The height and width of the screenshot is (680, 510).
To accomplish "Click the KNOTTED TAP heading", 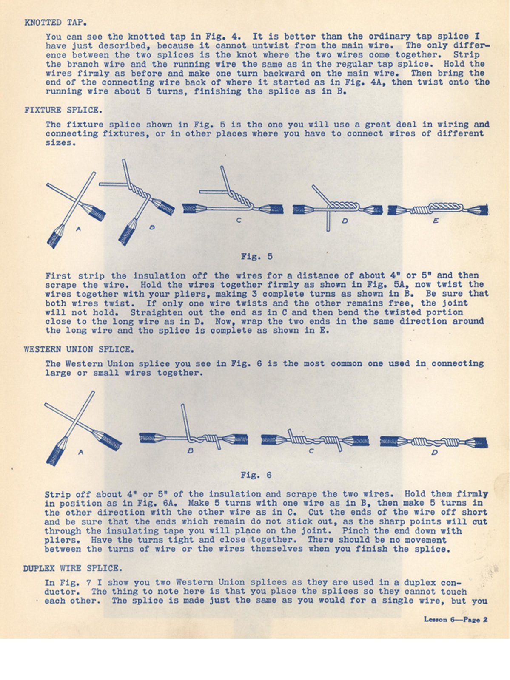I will pos(56,23).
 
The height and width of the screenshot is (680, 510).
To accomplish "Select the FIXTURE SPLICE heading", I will pos(63,110).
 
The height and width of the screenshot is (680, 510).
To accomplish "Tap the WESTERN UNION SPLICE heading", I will pos(79,350).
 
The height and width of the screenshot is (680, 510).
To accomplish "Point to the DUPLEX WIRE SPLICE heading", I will pos(72,568).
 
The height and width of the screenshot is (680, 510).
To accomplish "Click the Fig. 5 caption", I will pos(256,257).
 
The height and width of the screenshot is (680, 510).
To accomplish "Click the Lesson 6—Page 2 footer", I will pos(455,619).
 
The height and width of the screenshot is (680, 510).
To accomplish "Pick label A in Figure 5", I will pos(78,229).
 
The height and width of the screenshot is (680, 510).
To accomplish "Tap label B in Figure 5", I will pos(152,227).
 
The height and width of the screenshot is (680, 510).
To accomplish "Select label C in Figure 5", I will pos(239,221).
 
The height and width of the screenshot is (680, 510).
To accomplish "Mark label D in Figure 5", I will pos(345,221).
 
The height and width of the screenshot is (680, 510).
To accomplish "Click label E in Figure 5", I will pos(436,221).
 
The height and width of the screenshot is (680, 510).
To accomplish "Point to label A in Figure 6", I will pos(81,453).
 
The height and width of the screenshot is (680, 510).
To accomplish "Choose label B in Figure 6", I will pos(191,450).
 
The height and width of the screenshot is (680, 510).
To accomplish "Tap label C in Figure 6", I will pos(311,451).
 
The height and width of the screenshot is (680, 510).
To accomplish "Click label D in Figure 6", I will pos(434,453).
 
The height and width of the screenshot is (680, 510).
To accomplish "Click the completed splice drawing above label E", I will pos(438,209).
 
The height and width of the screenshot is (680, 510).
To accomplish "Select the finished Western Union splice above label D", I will pos(433,442).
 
